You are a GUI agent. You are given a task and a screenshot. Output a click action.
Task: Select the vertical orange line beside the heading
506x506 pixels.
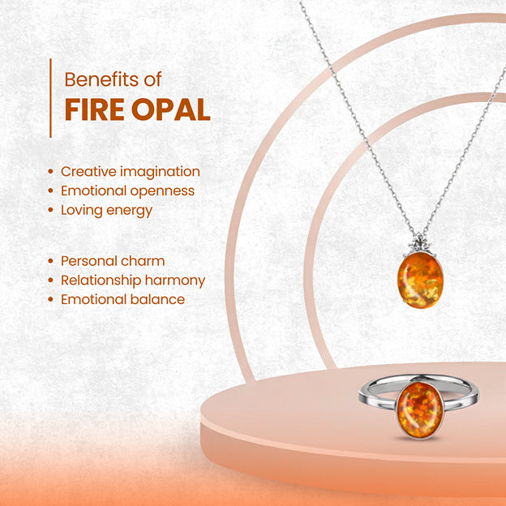pyautogui.click(x=50, y=97)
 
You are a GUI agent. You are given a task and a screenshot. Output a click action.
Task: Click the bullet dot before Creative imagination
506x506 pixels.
pyautogui.click(x=52, y=172)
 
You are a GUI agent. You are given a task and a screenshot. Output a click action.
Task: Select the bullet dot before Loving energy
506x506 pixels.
pyautogui.click(x=52, y=211)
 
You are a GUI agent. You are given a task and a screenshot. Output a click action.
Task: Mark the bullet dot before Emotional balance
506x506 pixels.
pyautogui.click(x=52, y=300)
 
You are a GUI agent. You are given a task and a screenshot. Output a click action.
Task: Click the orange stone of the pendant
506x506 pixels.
pyautogui.click(x=420, y=281)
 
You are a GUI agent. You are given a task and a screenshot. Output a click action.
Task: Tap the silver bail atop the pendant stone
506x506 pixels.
pyautogui.click(x=419, y=244)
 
